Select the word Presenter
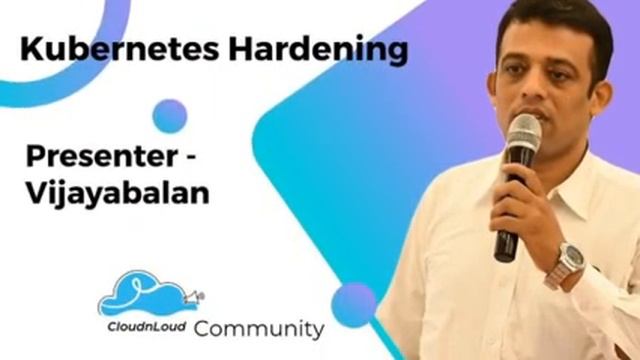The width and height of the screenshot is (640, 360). click(96, 157)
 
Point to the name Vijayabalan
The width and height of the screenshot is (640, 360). click(118, 192)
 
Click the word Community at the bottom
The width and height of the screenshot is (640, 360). click(259, 328)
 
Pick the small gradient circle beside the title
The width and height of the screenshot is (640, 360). click(170, 116)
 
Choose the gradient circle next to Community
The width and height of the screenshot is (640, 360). click(354, 304)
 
